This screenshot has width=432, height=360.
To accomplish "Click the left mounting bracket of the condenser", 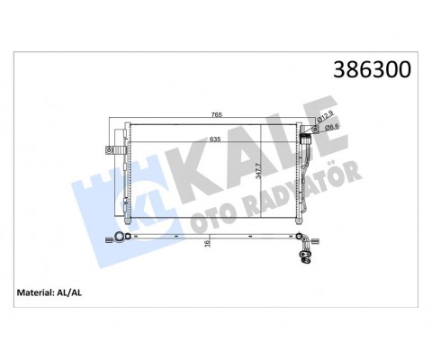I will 114,147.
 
